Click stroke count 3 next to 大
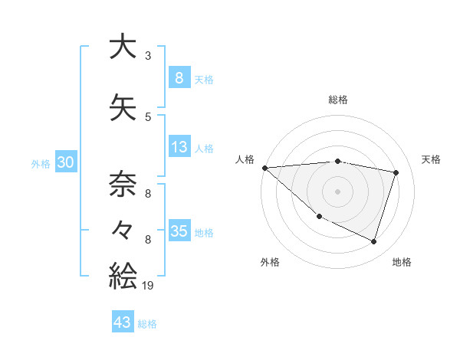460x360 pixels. (x=147, y=56)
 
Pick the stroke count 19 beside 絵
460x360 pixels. (x=149, y=285)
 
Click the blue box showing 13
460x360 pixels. (x=179, y=147)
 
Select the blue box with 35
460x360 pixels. (x=179, y=231)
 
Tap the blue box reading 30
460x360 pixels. (x=66, y=162)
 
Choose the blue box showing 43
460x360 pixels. (x=123, y=322)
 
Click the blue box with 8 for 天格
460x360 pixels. (x=179, y=78)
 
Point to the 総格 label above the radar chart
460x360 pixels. (x=338, y=100)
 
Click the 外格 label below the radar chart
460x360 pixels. (x=270, y=262)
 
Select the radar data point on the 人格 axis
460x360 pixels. (x=264, y=168)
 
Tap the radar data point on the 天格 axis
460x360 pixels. (x=396, y=172)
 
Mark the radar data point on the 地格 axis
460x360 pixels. (x=373, y=241)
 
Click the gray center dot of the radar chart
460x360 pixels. (x=338, y=191)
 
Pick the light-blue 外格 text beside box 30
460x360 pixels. (x=41, y=163)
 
